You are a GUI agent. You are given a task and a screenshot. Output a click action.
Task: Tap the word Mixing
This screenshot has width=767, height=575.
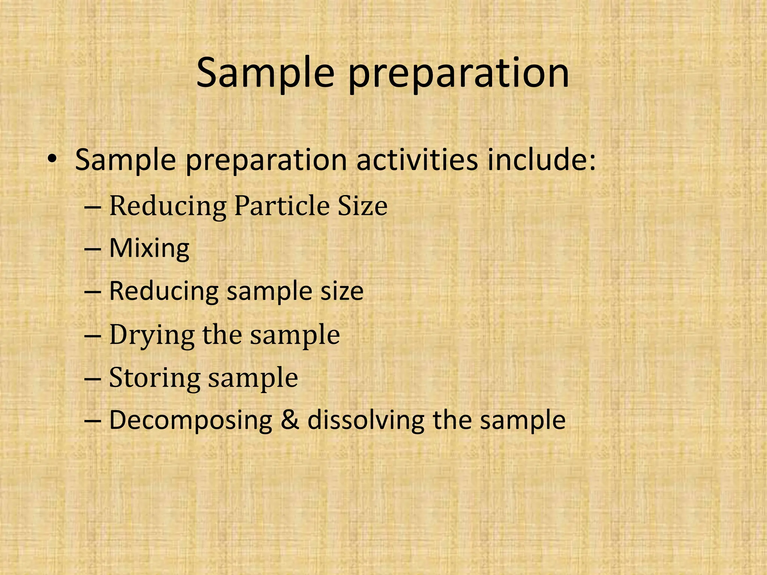149,249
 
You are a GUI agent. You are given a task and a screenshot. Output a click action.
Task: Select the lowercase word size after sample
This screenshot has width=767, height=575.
342,291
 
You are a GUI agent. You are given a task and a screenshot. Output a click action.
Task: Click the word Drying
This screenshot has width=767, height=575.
152,335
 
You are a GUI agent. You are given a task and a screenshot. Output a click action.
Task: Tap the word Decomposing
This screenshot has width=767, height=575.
191,420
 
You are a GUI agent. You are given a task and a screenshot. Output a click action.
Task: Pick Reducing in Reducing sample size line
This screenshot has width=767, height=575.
164,291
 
